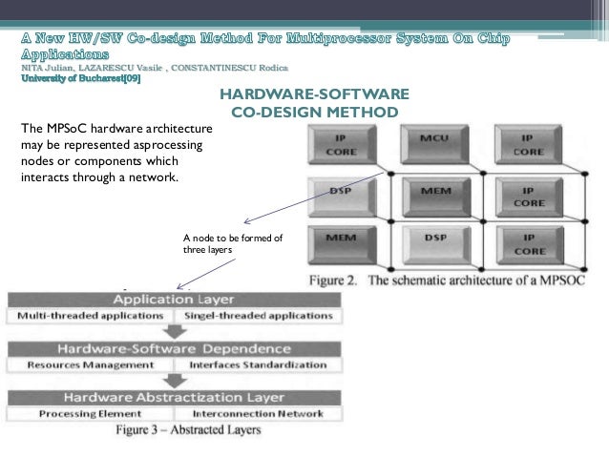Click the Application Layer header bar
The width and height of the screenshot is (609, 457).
pyautogui.click(x=174, y=299)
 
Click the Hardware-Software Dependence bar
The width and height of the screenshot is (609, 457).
pyautogui.click(x=174, y=348)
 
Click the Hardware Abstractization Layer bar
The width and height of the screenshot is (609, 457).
pyautogui.click(x=174, y=397)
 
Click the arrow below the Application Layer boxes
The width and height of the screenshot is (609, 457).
pyautogui.click(x=174, y=331)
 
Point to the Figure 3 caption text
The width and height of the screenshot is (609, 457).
pyautogui.click(x=187, y=430)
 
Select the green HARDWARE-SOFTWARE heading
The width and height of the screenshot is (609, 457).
pyautogui.click(x=314, y=94)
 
